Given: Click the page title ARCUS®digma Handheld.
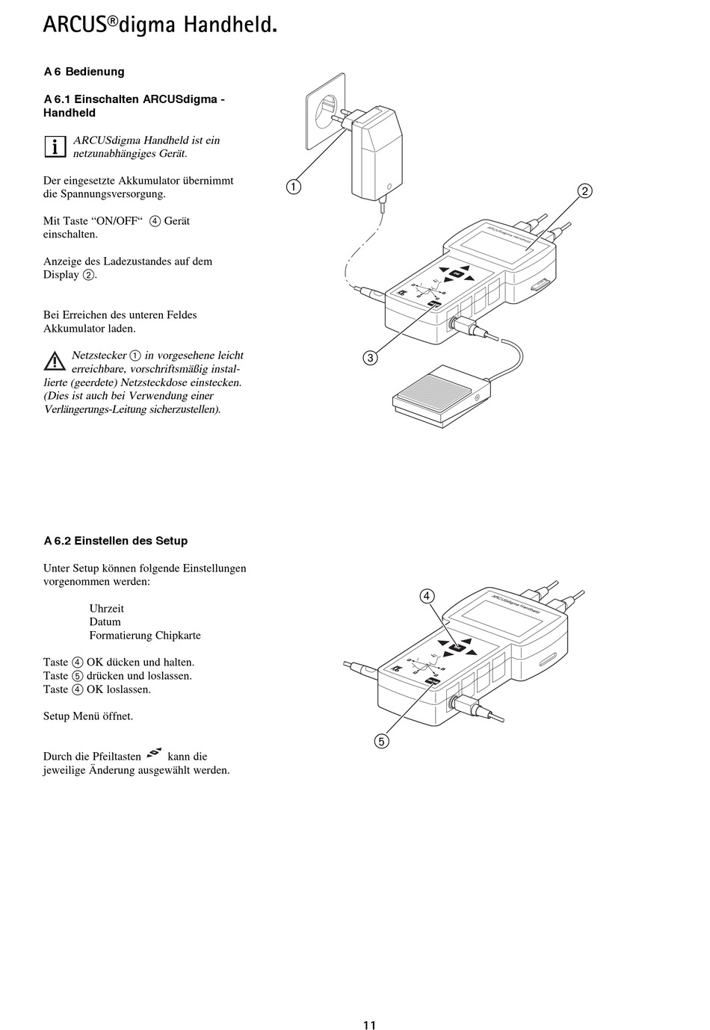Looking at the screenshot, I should (x=160, y=25).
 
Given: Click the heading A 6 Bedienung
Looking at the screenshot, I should (x=84, y=72).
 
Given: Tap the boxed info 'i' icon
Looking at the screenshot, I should (x=55, y=146).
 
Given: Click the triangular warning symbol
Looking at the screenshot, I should (x=54, y=362).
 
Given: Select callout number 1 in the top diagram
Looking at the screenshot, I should (x=294, y=187).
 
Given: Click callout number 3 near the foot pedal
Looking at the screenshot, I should (x=369, y=358).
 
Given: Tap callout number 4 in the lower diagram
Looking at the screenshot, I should (x=426, y=595).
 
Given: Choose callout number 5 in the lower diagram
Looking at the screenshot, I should (x=381, y=741).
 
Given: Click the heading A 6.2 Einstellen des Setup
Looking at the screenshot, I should (x=116, y=541).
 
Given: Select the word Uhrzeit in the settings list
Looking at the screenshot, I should (x=107, y=608).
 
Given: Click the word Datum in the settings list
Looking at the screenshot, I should (x=105, y=621).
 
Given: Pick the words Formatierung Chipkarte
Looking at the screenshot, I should (x=145, y=635).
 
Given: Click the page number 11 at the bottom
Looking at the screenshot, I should (x=369, y=1025).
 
